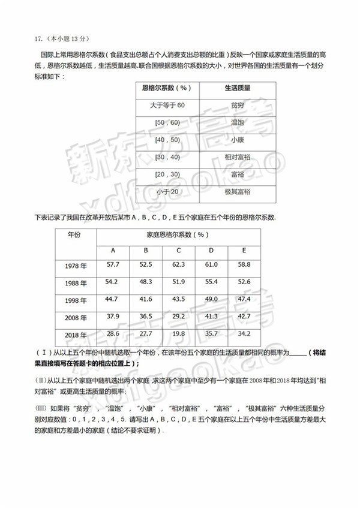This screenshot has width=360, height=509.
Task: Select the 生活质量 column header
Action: [x=237, y=88]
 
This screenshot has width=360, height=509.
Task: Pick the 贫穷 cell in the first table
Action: [x=237, y=106]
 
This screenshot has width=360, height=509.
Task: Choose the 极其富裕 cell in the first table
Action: [x=237, y=192]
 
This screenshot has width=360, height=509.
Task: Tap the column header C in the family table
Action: [x=179, y=251]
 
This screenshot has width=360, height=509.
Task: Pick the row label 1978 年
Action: [x=75, y=266]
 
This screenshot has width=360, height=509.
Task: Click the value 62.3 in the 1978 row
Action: [x=178, y=264]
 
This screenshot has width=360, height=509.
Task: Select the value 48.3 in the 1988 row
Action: [x=146, y=282]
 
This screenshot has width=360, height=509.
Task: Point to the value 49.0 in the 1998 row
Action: [x=211, y=299]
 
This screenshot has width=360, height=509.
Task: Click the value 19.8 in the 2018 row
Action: [x=178, y=333]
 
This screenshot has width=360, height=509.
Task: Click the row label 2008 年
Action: [x=75, y=318]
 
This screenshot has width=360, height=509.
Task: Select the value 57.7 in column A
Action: [x=113, y=264]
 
